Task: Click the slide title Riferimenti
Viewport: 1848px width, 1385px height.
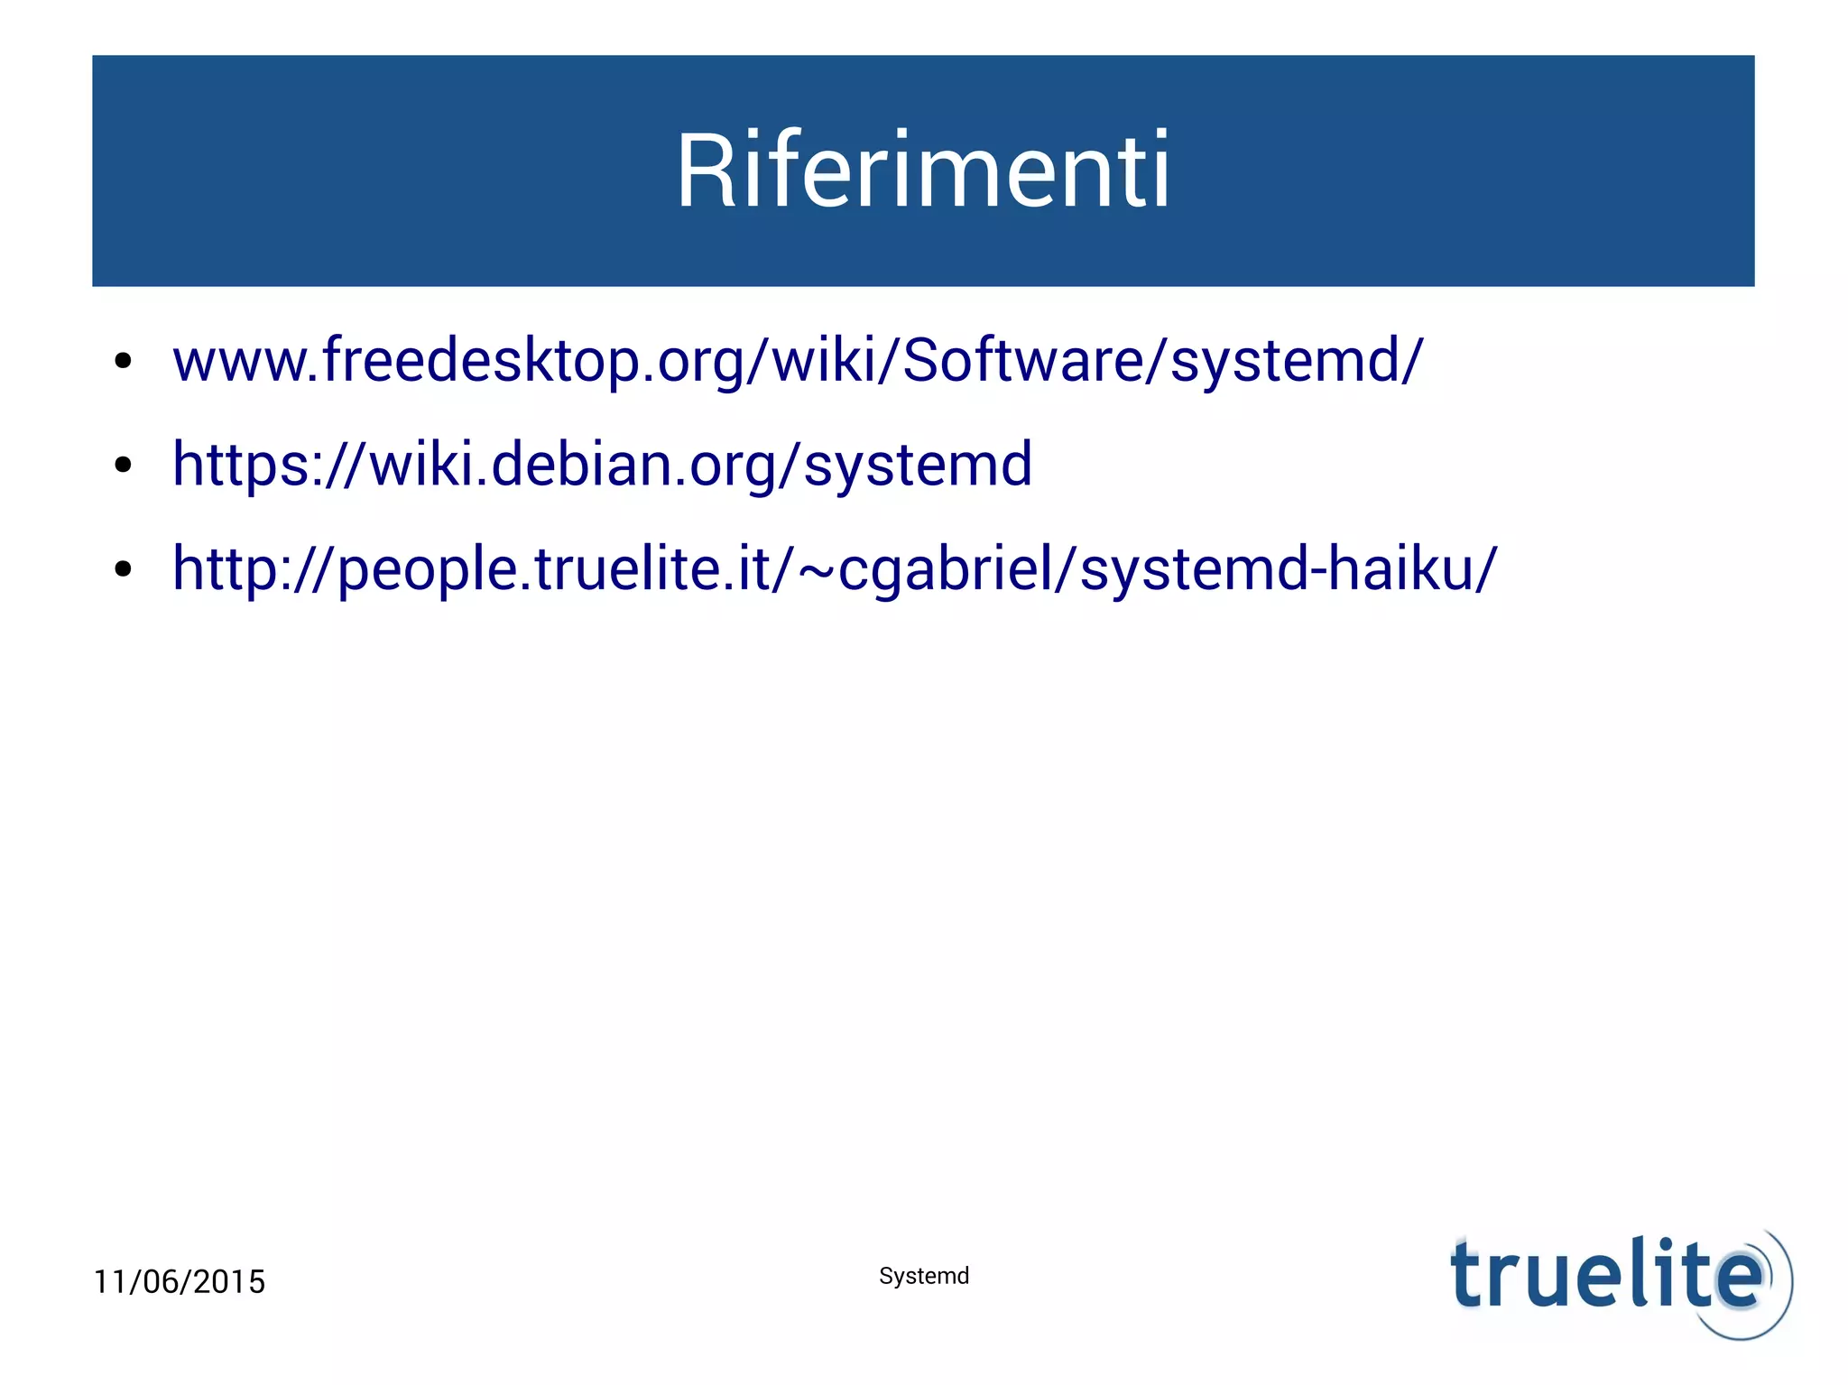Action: pyautogui.click(x=923, y=171)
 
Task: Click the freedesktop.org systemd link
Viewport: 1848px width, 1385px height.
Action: pyautogui.click(x=798, y=360)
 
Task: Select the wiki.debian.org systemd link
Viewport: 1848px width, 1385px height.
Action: pyautogui.click(x=602, y=465)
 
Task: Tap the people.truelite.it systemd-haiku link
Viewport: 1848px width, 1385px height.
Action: pyautogui.click(x=835, y=569)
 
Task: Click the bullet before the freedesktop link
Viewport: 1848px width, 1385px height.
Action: pyautogui.click(x=124, y=363)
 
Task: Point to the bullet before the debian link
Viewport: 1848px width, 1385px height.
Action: pyautogui.click(x=124, y=466)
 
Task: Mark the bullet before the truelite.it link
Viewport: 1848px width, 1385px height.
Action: pyautogui.click(x=124, y=570)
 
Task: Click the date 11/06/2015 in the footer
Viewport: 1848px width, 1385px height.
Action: pyautogui.click(x=180, y=1281)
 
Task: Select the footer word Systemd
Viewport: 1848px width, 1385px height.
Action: pyautogui.click(x=924, y=1276)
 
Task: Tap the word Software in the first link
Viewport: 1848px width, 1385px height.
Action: pyautogui.click(x=1022, y=360)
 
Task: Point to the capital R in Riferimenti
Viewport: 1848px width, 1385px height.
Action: pyautogui.click(x=705, y=171)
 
